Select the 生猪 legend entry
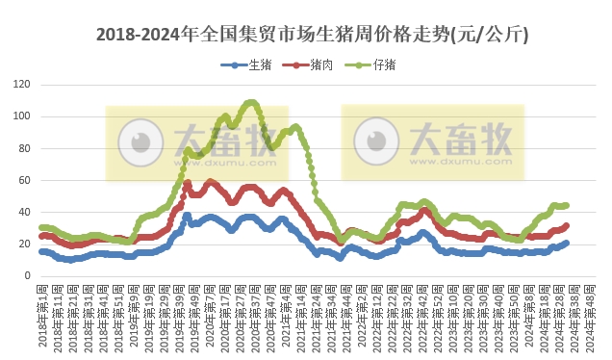[253, 65]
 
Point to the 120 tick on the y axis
[20, 85]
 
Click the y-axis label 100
[20, 116]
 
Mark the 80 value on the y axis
[23, 148]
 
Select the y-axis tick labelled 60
[23, 180]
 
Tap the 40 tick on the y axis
[23, 212]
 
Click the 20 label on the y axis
[23, 244]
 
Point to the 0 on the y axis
[26, 275]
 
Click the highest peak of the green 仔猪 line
[251, 102]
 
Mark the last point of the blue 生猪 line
[566, 243]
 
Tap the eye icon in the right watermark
[376, 141]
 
